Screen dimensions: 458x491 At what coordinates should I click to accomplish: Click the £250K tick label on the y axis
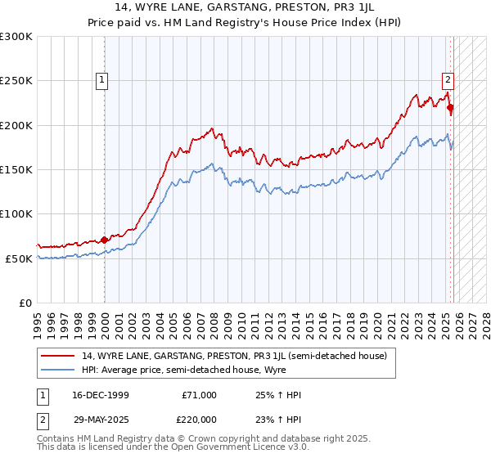16,81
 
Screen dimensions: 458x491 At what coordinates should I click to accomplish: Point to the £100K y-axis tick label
16,213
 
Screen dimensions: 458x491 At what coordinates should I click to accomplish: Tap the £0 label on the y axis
26,303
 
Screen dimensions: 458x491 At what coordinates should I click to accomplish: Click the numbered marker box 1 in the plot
101,80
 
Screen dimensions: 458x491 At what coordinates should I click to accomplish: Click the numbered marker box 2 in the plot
448,80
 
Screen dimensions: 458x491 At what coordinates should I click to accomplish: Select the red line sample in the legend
59,356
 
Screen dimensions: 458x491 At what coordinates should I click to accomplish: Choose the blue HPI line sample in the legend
59,370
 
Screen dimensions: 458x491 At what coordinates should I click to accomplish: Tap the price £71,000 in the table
199,395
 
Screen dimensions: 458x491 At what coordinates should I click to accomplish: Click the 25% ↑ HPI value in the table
279,395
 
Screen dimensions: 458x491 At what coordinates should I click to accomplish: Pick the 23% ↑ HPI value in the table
279,419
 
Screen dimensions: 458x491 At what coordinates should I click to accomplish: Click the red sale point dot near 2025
451,108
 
